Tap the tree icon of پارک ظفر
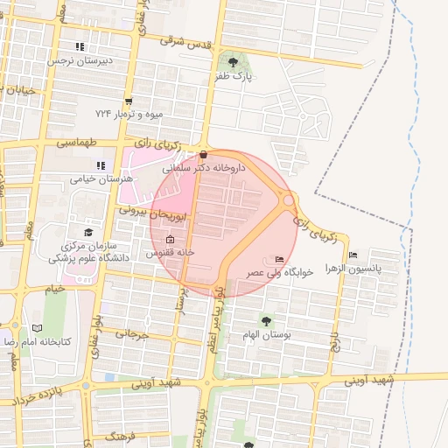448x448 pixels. pos(233,62)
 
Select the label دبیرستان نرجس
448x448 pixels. pos(80,62)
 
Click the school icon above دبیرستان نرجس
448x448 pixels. pos(80,46)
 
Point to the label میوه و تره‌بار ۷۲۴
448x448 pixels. pos(130,115)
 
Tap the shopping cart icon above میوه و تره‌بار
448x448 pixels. pos(129,101)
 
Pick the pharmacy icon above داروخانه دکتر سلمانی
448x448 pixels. pos(204,154)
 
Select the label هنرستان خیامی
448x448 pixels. pos(103,178)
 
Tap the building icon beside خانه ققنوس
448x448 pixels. pos(170,240)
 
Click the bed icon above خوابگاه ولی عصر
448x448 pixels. pos(279,259)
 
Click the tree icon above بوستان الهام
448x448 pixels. pos(265,321)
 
